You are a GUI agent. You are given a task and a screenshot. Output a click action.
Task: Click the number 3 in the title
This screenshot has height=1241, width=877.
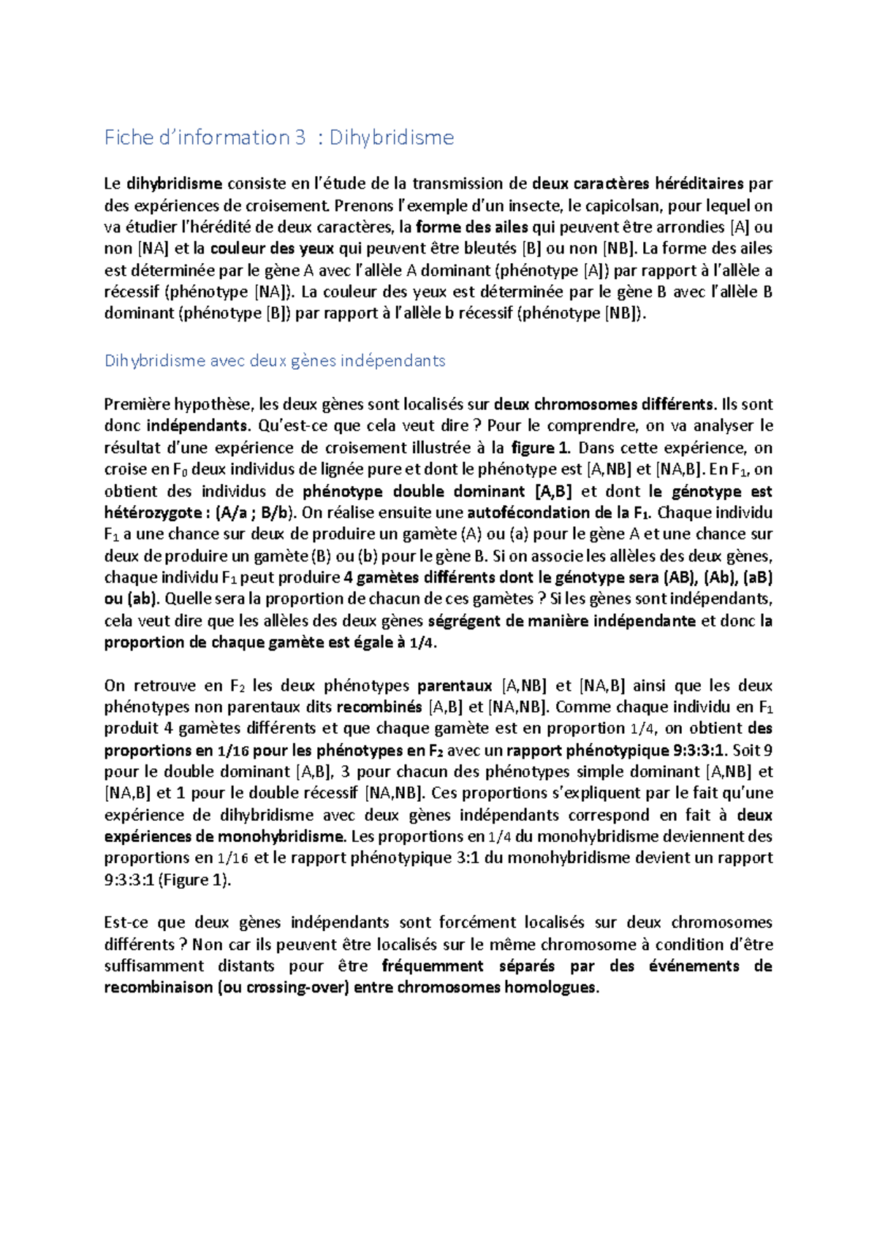pos(300,137)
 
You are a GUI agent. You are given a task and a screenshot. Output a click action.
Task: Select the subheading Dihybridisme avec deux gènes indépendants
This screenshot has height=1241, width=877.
pos(275,360)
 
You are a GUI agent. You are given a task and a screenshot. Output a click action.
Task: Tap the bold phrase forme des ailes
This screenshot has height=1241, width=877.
pos(471,227)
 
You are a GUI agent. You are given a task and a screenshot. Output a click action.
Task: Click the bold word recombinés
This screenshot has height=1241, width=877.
pos(379,707)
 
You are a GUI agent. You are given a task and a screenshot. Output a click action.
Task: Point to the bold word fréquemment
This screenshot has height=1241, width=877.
pos(433,966)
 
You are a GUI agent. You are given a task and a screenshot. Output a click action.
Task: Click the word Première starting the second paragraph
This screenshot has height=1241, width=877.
pos(137,404)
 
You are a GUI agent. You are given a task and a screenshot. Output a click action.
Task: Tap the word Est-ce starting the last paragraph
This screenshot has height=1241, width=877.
pos(126,922)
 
